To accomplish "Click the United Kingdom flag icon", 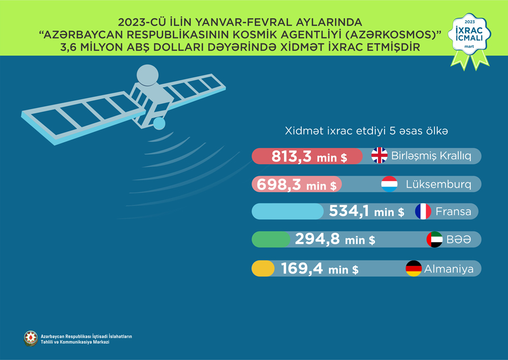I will pos(379,156).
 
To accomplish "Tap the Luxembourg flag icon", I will pos(389,184).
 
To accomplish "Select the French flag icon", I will pos(423,211).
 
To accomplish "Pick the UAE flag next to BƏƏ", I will pos(435,239).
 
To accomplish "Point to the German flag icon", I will pos(414,268).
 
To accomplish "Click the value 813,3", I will pos(292,157).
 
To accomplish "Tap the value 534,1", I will pos(349,211).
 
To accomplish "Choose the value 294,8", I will pos(317,239).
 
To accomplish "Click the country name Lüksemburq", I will pos(438,184).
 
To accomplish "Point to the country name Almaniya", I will pos(449,268).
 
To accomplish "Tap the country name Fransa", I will pos(453,211).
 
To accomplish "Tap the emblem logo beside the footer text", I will pos(30,339).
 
